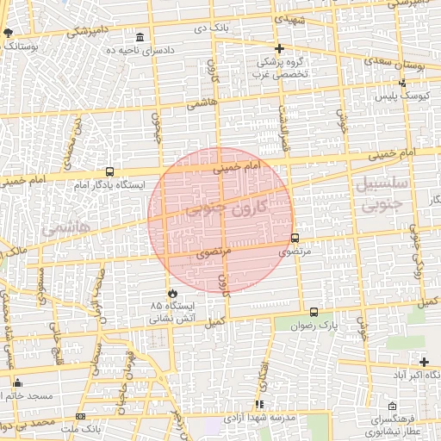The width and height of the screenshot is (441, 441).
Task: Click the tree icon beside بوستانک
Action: point(9,33)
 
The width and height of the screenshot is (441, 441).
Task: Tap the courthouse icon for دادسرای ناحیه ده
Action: point(140,37)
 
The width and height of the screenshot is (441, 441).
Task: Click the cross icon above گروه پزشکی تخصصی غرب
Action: point(279,48)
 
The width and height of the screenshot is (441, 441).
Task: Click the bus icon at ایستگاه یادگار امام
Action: point(109,171)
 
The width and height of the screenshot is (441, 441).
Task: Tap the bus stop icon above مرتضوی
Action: point(295,238)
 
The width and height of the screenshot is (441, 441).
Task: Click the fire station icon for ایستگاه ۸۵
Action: point(172,292)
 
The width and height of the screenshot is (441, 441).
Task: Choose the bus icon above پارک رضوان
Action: point(313,312)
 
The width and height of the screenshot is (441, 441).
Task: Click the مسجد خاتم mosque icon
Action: point(17,382)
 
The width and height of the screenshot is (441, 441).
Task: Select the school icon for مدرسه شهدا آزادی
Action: point(258,403)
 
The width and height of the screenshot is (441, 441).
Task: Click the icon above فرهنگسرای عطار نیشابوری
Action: point(392,405)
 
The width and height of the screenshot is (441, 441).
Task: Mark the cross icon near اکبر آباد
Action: point(424,362)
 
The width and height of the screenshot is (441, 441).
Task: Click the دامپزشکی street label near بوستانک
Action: point(90,31)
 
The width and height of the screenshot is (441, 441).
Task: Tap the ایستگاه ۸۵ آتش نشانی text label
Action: point(174,312)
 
